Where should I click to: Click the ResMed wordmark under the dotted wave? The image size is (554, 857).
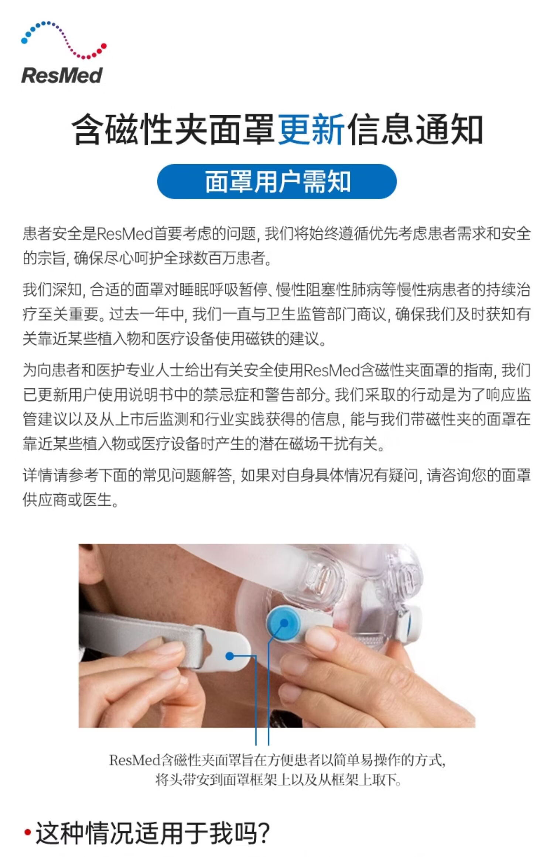point(62,75)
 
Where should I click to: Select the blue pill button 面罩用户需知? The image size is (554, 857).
point(277,182)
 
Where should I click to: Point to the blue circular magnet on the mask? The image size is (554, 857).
point(284,623)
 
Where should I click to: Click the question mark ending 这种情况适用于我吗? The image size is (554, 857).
point(263,833)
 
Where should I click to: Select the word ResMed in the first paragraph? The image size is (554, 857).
point(125,234)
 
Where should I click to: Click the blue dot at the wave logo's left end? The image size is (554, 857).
point(25,40)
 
